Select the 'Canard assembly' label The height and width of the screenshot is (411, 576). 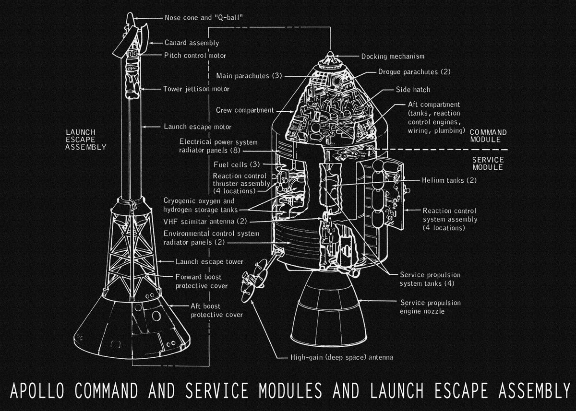[x=192, y=43]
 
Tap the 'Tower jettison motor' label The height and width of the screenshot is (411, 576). [x=196, y=89]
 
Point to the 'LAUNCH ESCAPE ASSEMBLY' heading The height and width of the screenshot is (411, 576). [x=86, y=140]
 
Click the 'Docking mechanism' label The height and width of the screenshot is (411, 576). [x=393, y=56]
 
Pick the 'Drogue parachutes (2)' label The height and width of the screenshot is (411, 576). [x=414, y=72]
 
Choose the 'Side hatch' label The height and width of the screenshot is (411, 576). [x=413, y=90]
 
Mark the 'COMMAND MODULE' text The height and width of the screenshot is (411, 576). [x=488, y=136]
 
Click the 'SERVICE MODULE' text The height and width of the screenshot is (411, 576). [x=488, y=164]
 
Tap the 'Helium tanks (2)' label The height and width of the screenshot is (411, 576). [x=449, y=180]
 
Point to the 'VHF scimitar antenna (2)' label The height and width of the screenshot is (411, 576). [x=205, y=221]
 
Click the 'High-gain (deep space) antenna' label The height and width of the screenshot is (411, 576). [x=342, y=357]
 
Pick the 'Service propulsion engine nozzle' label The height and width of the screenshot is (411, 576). [x=431, y=307]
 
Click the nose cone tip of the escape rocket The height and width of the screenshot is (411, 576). [x=130, y=17]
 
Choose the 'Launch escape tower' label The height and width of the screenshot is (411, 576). [x=209, y=262]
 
